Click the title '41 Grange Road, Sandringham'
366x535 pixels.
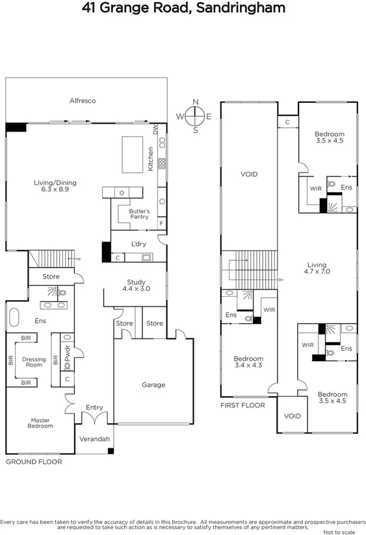(x=183, y=8)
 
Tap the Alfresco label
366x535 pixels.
(x=83, y=101)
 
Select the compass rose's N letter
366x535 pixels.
(x=195, y=103)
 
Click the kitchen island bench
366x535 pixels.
(x=132, y=154)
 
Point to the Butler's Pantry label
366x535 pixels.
(x=139, y=214)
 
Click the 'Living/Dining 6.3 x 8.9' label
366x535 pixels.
(x=51, y=186)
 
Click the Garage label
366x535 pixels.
(x=153, y=385)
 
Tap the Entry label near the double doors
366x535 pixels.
(x=94, y=407)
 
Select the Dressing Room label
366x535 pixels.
(x=34, y=362)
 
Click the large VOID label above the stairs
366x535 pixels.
(x=249, y=174)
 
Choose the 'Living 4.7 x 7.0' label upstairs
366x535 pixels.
(x=317, y=269)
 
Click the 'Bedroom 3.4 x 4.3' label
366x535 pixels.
(x=248, y=363)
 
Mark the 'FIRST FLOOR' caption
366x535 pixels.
(x=242, y=405)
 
